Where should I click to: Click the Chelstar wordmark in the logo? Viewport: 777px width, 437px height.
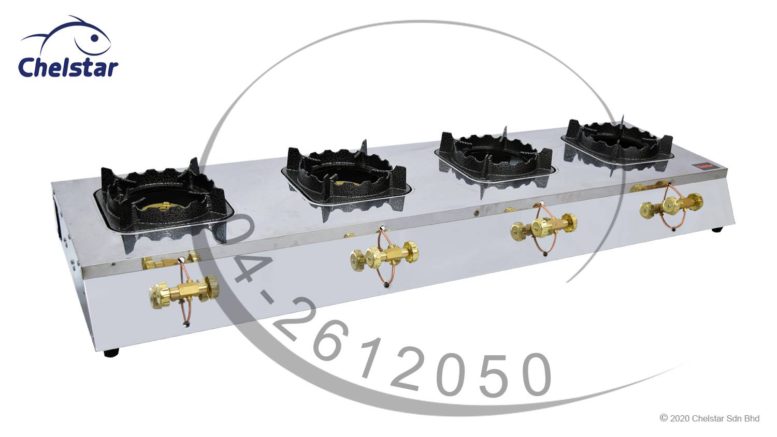(x=68, y=68)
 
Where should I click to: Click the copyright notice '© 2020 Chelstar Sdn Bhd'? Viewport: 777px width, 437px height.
(x=710, y=418)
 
